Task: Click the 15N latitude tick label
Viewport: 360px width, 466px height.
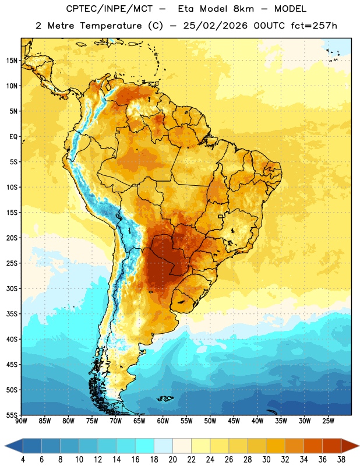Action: (12, 61)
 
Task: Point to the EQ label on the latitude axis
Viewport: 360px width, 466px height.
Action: (13, 137)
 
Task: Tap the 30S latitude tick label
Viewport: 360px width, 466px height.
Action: (12, 288)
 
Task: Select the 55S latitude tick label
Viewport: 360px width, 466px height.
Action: (12, 415)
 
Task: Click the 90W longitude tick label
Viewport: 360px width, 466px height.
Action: (21, 421)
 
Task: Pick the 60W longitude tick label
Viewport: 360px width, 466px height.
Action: (163, 421)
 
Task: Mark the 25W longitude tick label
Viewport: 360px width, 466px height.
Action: (328, 421)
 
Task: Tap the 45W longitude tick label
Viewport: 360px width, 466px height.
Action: (234, 421)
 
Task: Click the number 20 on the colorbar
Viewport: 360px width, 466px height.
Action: (172, 460)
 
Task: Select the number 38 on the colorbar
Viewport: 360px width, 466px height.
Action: (341, 460)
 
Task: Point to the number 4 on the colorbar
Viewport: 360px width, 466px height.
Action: (23, 460)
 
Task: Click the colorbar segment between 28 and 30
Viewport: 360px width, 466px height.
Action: (257, 446)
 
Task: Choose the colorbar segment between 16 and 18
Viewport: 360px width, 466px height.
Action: (144, 446)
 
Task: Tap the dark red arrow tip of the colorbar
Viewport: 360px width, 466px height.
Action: (359, 446)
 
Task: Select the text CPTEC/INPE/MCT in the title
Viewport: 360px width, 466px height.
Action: (110, 9)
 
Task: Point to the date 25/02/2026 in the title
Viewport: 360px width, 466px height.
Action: (216, 26)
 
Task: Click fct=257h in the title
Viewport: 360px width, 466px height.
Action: (314, 26)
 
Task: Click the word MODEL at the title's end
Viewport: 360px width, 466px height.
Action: (290, 9)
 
